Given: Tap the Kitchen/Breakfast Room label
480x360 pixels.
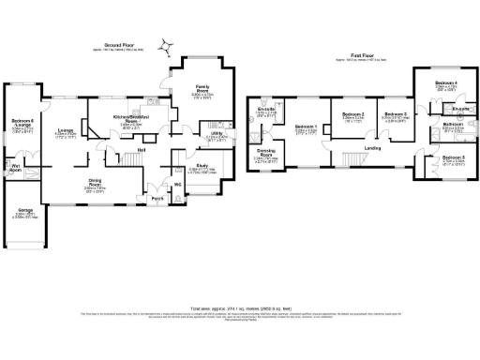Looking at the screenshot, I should [x=127, y=121].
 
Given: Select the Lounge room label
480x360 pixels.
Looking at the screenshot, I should [x=66, y=130].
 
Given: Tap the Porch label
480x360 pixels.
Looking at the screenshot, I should [x=157, y=200].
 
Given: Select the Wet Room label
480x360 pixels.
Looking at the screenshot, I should [x=16, y=169].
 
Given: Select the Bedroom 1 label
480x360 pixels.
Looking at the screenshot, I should [x=306, y=127].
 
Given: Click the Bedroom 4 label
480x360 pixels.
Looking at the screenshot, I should [x=445, y=83].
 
